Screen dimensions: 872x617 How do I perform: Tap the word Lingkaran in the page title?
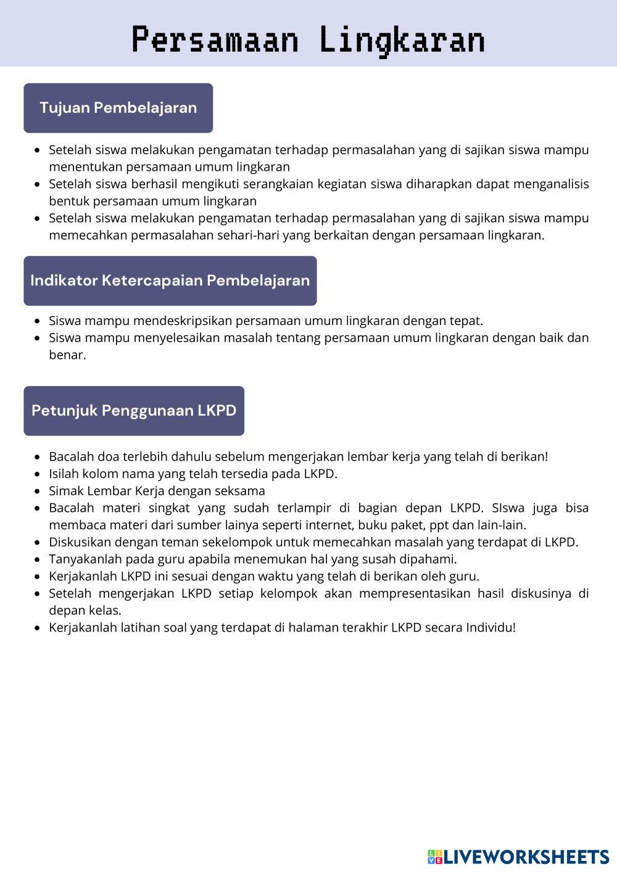[x=402, y=40]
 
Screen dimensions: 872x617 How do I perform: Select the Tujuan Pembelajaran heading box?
[x=118, y=108]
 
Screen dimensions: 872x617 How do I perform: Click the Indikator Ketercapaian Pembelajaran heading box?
[x=170, y=281]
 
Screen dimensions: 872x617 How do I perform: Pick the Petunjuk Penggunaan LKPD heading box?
[x=134, y=411]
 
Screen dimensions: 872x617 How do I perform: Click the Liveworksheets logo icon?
[x=434, y=857]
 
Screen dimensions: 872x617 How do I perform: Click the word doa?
[x=109, y=456]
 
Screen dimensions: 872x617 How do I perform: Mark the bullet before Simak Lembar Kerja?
[x=38, y=492]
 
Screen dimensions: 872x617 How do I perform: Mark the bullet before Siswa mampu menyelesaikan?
[x=38, y=338]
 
